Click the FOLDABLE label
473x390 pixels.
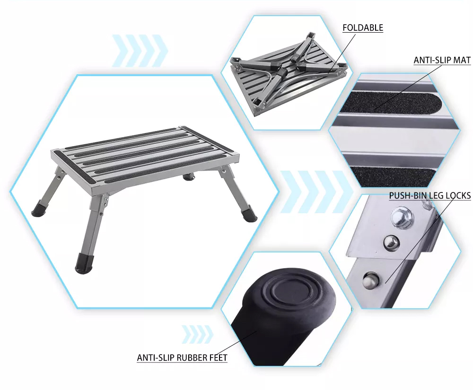[363, 28]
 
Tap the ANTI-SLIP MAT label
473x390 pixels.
[442, 60]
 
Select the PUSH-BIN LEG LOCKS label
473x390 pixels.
[430, 196]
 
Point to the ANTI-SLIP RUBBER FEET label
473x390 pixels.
[182, 357]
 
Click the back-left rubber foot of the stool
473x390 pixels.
[38, 207]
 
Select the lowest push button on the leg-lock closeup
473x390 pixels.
[370, 280]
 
